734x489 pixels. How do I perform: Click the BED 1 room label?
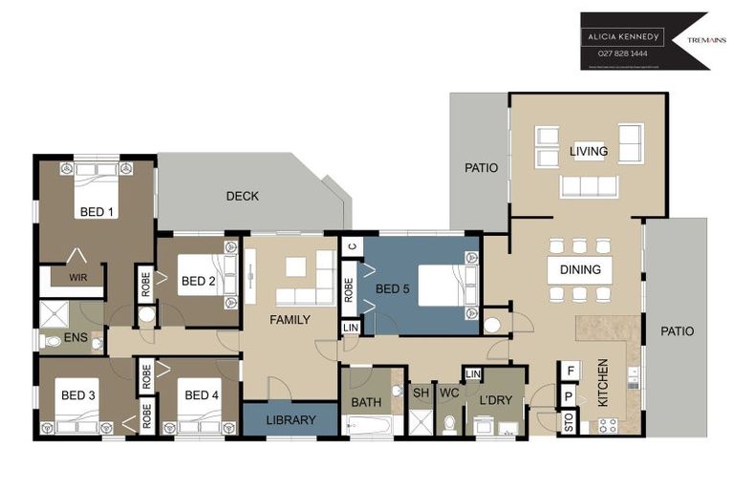point(97,212)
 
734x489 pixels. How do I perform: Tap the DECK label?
point(242,197)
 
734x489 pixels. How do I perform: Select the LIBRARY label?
point(290,420)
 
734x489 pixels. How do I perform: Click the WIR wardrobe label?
point(77,279)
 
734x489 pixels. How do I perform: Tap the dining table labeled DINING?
point(580,270)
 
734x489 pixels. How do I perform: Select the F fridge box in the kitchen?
point(570,371)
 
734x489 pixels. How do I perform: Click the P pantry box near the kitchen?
point(569,396)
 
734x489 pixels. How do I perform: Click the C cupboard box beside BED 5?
point(351,246)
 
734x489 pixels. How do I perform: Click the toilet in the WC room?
point(449,421)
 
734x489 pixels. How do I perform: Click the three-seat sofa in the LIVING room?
point(587,185)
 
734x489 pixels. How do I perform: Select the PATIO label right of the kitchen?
point(676,331)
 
